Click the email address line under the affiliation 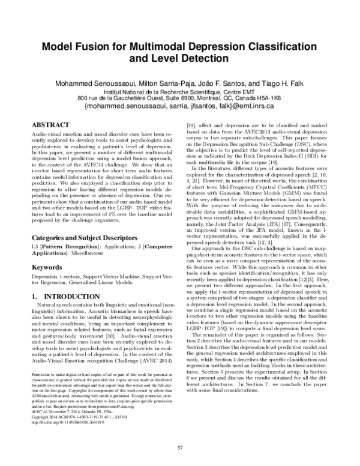[180, 104]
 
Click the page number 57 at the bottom [180, 447]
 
